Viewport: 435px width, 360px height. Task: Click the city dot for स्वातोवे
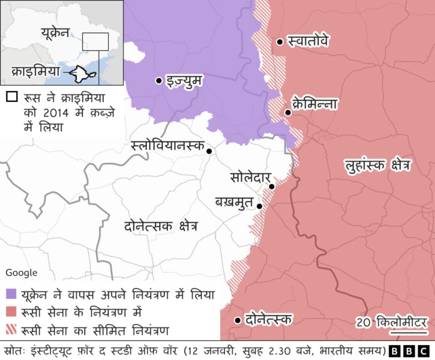(x=279, y=42)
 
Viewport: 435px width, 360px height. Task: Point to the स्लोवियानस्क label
(x=168, y=146)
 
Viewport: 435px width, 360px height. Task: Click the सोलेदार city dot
(x=271, y=186)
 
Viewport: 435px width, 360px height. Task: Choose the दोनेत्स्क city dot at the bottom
(x=237, y=320)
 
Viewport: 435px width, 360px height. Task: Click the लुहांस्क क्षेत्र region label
(x=378, y=165)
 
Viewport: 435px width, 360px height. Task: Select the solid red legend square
(x=11, y=312)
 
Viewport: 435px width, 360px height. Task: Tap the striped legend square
(x=11, y=331)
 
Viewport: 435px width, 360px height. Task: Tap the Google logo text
(x=22, y=272)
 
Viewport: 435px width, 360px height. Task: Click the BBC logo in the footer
(x=411, y=350)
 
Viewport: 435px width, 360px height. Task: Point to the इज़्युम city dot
(x=158, y=81)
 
